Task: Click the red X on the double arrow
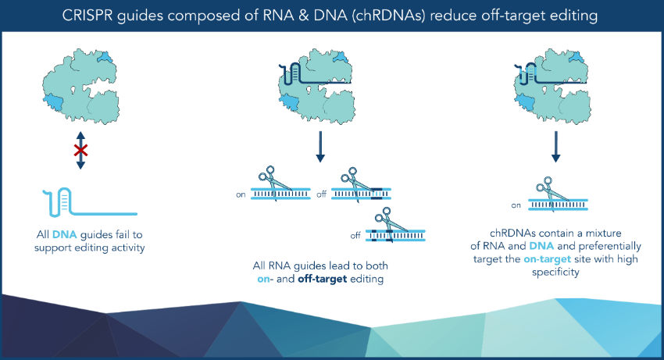pyautogui.click(x=81, y=151)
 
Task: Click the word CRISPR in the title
pyautogui.click(x=87, y=16)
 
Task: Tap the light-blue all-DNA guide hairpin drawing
pyautogui.click(x=90, y=202)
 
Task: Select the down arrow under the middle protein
pyautogui.click(x=320, y=147)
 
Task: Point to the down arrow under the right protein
pyautogui.click(x=556, y=147)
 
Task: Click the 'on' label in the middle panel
pyautogui.click(x=241, y=194)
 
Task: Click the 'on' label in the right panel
pyautogui.click(x=516, y=205)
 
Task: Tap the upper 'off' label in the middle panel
pyautogui.click(x=321, y=194)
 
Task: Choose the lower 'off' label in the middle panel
pyautogui.click(x=355, y=235)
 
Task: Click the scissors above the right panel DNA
pyautogui.click(x=551, y=192)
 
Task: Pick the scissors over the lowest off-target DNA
pyautogui.click(x=390, y=223)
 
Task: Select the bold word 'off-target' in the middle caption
pyautogui.click(x=323, y=279)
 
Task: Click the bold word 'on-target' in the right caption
pyautogui.click(x=547, y=259)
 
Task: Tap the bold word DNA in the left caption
pyautogui.click(x=64, y=234)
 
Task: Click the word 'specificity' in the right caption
pyautogui.click(x=555, y=273)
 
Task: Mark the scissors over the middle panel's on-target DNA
pyautogui.click(x=275, y=183)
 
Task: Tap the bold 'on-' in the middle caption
pyautogui.click(x=265, y=279)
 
